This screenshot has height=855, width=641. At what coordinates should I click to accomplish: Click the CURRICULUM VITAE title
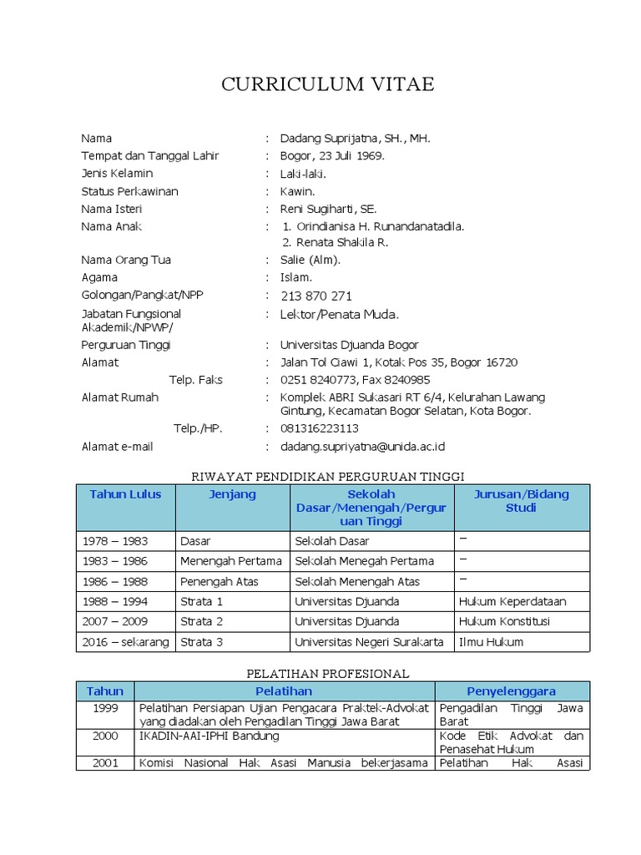point(327,84)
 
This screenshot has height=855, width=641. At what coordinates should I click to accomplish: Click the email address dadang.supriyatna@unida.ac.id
point(362,447)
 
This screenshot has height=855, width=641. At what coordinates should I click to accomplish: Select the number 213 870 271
point(316,296)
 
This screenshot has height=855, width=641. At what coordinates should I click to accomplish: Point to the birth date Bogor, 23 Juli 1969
point(332,155)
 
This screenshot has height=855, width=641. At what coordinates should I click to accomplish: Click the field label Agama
point(99,277)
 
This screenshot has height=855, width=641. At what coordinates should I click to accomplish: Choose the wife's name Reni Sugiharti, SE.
point(328,209)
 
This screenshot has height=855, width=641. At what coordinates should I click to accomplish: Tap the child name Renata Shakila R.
point(336,242)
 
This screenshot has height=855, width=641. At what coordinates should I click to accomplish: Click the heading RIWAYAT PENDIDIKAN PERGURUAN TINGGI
point(327,476)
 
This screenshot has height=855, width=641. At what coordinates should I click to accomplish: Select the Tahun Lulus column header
point(125,494)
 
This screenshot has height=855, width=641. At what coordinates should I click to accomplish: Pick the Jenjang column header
point(232,494)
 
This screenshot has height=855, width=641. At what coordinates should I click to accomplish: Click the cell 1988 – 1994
point(114,601)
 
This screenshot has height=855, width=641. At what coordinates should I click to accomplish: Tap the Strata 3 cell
point(202,641)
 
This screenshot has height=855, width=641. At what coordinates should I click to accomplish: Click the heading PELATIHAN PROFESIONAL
point(327,673)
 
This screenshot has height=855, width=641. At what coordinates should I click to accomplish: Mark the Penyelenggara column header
point(511,691)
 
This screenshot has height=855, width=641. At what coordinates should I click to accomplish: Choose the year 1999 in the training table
point(105,708)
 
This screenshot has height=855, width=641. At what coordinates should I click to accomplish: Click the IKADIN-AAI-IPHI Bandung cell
point(209,736)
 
